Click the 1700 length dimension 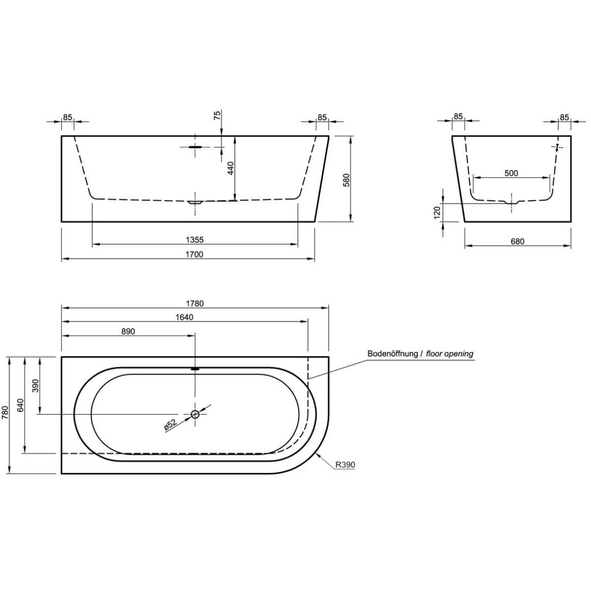tap(195, 254)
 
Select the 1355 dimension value tap(195, 240)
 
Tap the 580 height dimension tap(346, 180)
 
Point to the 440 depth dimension tap(231, 168)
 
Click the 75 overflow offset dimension tap(217, 115)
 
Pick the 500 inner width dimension tap(511, 173)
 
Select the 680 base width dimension tap(517, 241)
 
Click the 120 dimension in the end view tap(437, 212)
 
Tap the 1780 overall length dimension tap(195, 304)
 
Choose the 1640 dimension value tap(184, 317)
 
